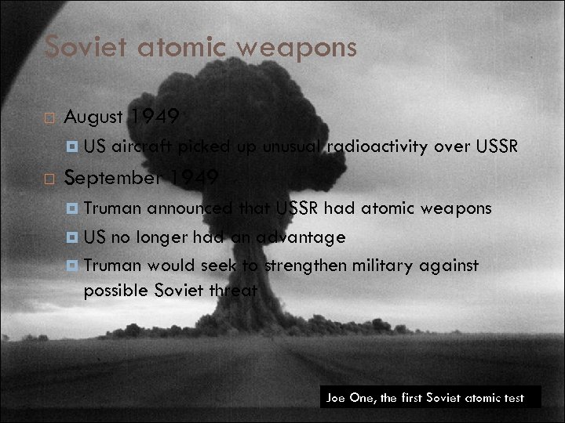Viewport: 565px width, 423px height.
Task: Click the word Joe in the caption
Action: (336, 398)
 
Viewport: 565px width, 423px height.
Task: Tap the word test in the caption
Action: (515, 398)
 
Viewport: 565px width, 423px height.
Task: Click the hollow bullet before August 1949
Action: (49, 119)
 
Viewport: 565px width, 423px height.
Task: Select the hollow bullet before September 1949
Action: (49, 179)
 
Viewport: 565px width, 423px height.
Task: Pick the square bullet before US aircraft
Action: (71, 146)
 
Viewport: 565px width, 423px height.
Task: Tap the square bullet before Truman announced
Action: (71, 208)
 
